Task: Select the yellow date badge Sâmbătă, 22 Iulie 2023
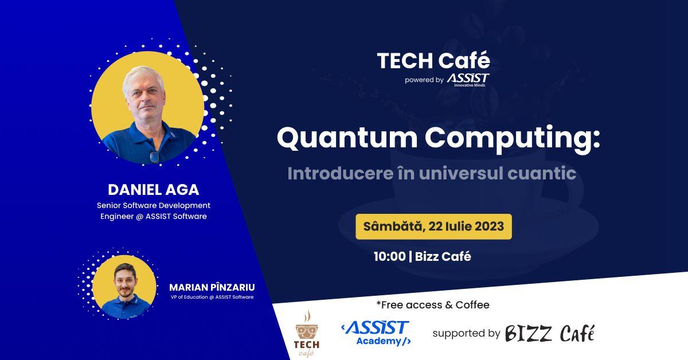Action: pyautogui.click(x=433, y=226)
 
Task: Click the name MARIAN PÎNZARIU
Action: pyautogui.click(x=212, y=287)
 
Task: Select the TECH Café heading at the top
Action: pyautogui.click(x=433, y=60)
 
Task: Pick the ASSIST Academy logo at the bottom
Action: pyautogui.click(x=376, y=333)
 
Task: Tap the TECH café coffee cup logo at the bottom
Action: pyautogui.click(x=307, y=333)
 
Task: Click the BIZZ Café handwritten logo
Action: pyautogui.click(x=549, y=333)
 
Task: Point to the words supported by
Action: pyautogui.click(x=466, y=333)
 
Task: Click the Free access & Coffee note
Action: pyautogui.click(x=433, y=304)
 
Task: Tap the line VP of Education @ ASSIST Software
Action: pyautogui.click(x=212, y=297)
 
